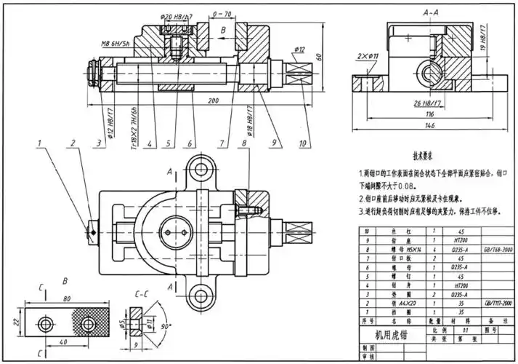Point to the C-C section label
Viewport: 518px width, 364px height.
click(143, 294)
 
